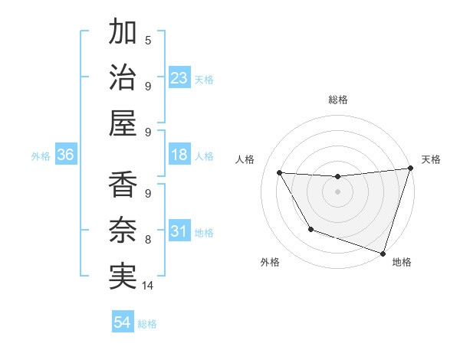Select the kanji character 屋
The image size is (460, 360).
coord(123,123)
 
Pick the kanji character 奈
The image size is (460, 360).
coord(123,230)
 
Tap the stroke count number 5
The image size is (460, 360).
coord(148,40)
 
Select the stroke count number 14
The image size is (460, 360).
coord(148,286)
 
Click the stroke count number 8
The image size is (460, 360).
coord(148,240)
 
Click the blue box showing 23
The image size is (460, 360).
coord(179,77)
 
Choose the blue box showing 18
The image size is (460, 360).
coord(179,155)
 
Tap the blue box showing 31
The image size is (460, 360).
coord(179,231)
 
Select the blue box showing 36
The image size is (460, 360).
coord(65,155)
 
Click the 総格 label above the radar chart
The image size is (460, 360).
coord(338,100)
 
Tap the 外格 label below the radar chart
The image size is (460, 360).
coord(270,262)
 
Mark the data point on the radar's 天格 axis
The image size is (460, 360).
coord(410,169)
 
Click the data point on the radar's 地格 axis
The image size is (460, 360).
coord(383,252)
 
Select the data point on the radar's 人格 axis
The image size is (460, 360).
coord(280,173)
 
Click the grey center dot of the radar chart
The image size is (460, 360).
coord(337,191)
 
